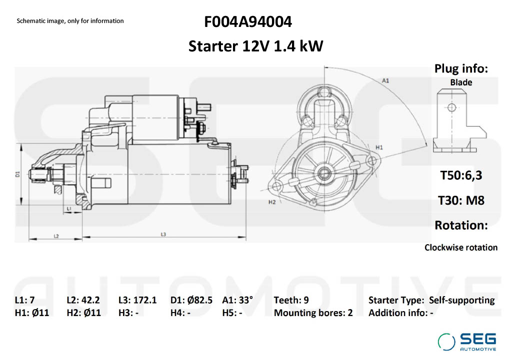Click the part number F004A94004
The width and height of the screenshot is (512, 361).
tap(248, 22)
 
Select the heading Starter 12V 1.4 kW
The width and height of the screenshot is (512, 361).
tap(255, 46)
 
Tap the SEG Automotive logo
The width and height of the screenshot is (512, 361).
tap(467, 342)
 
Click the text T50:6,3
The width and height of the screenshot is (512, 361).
tap(461, 175)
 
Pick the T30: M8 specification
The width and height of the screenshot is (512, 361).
tap(461, 200)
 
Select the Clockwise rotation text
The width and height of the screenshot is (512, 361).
tap(461, 247)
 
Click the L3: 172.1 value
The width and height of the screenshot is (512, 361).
tap(137, 300)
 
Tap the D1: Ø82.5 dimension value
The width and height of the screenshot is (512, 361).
tap(191, 300)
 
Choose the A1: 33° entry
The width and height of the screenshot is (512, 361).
tap(237, 300)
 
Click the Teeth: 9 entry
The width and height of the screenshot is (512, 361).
tap(291, 300)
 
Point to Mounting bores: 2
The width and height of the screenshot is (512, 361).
tap(313, 313)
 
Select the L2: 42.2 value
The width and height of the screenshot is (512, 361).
tap(83, 300)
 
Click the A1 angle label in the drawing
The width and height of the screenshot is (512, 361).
tap(385, 80)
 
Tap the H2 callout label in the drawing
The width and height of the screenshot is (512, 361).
tap(272, 202)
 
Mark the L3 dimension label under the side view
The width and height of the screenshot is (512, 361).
tap(163, 234)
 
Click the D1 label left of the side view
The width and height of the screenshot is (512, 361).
tap(17, 174)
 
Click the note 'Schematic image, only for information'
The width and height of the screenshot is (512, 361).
tap(70, 21)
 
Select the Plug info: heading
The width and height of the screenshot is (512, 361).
tap(461, 69)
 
